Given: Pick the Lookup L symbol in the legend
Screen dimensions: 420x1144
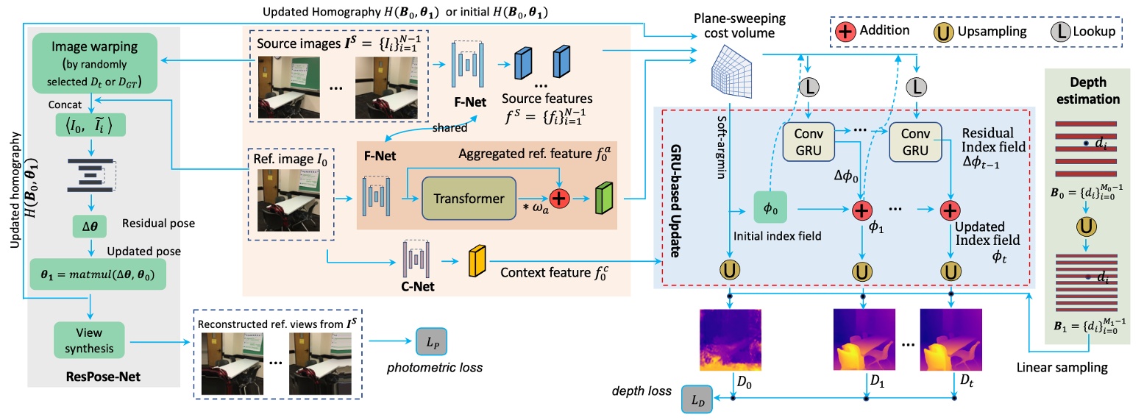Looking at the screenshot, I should (x=1060, y=32).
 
